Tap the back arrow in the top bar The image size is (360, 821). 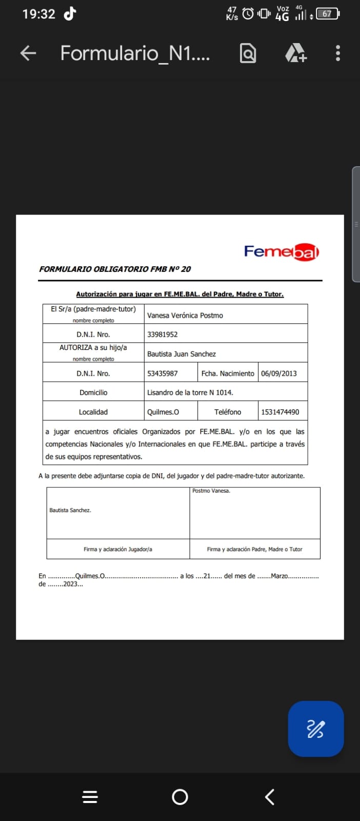(x=28, y=53)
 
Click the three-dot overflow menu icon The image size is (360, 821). (x=337, y=53)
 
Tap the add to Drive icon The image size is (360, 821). (x=295, y=53)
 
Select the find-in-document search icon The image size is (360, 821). (x=248, y=53)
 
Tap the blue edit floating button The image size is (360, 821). (x=315, y=729)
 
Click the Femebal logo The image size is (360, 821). (x=282, y=252)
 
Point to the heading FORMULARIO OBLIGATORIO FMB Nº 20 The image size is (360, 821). (x=115, y=269)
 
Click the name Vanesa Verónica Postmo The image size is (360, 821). (x=185, y=316)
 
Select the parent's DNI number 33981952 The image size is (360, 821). (x=163, y=335)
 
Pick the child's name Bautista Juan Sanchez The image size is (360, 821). (x=182, y=354)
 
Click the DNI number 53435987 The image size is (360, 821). (x=163, y=374)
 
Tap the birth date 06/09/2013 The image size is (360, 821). (x=279, y=374)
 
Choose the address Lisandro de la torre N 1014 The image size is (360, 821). (x=190, y=393)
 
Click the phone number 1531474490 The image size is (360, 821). (x=280, y=412)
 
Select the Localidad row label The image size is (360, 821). (x=93, y=412)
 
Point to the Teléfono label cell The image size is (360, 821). (x=228, y=412)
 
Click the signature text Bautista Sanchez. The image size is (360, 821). (x=70, y=510)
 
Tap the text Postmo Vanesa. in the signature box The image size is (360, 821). (x=211, y=491)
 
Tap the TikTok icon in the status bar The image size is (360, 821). (x=70, y=13)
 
